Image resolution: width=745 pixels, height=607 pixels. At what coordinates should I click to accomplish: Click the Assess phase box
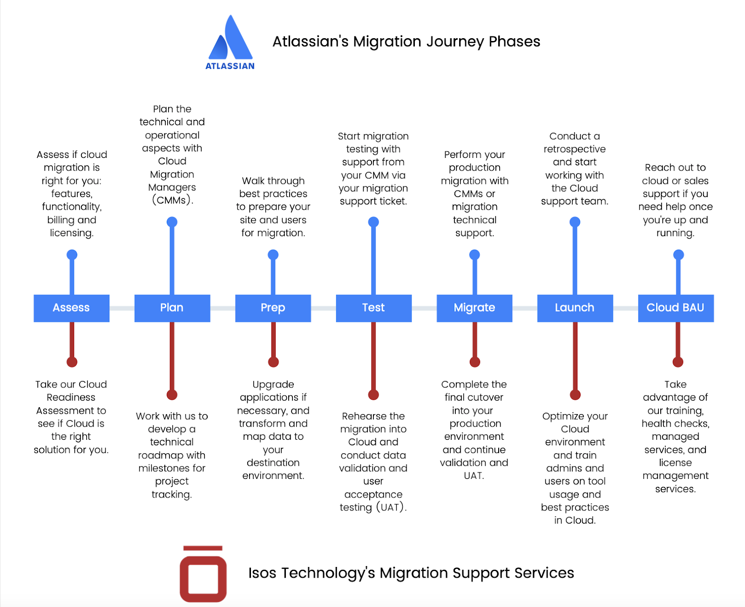pyautogui.click(x=71, y=308)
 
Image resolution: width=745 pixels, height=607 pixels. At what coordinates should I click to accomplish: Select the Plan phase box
pyautogui.click(x=172, y=308)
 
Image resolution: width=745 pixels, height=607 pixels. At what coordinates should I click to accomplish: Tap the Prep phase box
pyautogui.click(x=273, y=308)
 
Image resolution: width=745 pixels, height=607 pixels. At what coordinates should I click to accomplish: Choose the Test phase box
pyautogui.click(x=373, y=308)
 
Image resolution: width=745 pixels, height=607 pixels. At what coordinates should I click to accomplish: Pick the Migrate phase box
pyautogui.click(x=474, y=308)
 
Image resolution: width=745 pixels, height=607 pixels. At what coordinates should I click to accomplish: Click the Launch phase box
pyautogui.click(x=575, y=308)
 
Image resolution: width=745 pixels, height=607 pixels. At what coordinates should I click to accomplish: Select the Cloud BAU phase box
pyautogui.click(x=675, y=308)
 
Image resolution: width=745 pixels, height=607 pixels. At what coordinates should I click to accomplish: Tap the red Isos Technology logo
pyautogui.click(x=203, y=573)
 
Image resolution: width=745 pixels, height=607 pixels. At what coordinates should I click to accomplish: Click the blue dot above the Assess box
pyautogui.click(x=72, y=255)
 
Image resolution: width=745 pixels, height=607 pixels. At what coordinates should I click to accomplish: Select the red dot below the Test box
pyautogui.click(x=373, y=395)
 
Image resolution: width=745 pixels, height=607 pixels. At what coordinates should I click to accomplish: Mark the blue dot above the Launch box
pyautogui.click(x=575, y=222)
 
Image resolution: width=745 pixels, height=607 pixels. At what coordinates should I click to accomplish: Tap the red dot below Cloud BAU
pyautogui.click(x=678, y=362)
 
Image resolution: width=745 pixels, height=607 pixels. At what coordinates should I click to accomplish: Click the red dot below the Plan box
pyautogui.click(x=172, y=395)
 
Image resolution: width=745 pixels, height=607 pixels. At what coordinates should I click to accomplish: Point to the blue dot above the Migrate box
pyautogui.click(x=474, y=255)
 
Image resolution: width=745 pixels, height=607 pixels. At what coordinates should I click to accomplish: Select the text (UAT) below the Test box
pyautogui.click(x=391, y=507)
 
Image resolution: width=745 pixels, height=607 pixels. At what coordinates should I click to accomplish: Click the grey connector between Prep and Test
pyautogui.click(x=323, y=308)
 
